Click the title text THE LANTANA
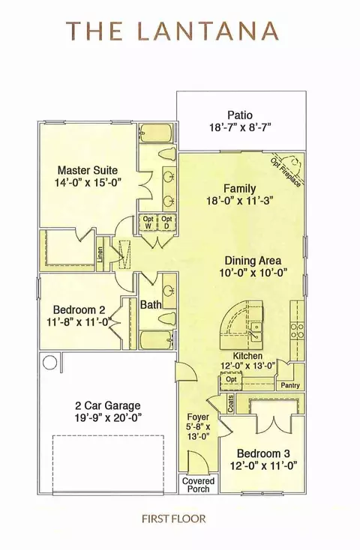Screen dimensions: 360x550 [x=172, y=31]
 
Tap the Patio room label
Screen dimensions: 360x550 [x=240, y=115]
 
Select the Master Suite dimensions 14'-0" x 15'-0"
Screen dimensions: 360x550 [x=88, y=183]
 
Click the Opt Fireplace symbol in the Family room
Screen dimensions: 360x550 [x=289, y=168]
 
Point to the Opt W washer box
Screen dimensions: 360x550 [x=148, y=223]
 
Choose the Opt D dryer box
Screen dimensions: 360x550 [x=166, y=223]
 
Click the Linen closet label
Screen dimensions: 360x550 [x=100, y=255]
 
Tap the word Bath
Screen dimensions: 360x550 [x=151, y=304]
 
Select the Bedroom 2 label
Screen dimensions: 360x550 [x=79, y=309]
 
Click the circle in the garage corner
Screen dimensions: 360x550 [x=50, y=362]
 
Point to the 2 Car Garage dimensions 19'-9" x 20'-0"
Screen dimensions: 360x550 [x=109, y=417]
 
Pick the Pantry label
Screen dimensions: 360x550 [x=290, y=385]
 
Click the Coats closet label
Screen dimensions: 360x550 [x=231, y=404]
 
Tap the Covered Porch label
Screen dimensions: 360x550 [x=198, y=485]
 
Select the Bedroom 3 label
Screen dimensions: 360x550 [x=263, y=453]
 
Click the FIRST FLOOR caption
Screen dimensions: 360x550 [x=174, y=519]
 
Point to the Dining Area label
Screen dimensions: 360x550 [x=253, y=261]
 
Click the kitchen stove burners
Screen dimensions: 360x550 [x=297, y=330]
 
